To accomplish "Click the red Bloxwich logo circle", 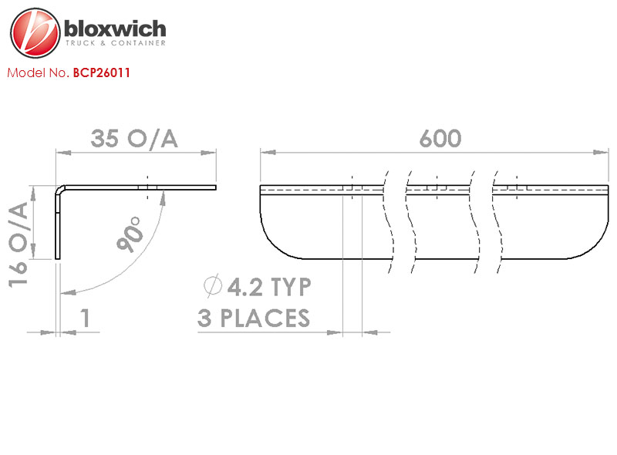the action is point(35,32).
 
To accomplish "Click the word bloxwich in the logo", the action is point(115,29).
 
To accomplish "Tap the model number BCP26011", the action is point(102,72).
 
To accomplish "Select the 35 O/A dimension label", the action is point(134,139).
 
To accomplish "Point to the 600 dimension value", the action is point(440,139).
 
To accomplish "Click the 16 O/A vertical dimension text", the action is point(18,244).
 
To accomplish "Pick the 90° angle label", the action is point(130,234).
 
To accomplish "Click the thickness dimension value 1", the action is point(86,318).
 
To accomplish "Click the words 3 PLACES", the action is point(254,318).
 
